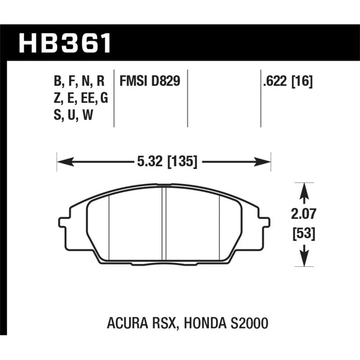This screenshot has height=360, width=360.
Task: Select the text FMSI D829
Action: pos(150,81)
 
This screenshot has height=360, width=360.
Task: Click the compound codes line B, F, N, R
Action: pos(79,81)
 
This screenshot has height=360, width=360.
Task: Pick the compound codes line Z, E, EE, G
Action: pos(81,99)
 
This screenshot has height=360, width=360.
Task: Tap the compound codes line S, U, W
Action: pos(73,116)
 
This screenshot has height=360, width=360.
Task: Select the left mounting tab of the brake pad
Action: pos(63,222)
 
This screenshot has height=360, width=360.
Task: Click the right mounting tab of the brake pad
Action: pos(266,222)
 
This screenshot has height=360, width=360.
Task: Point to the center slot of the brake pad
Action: pos(164,223)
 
